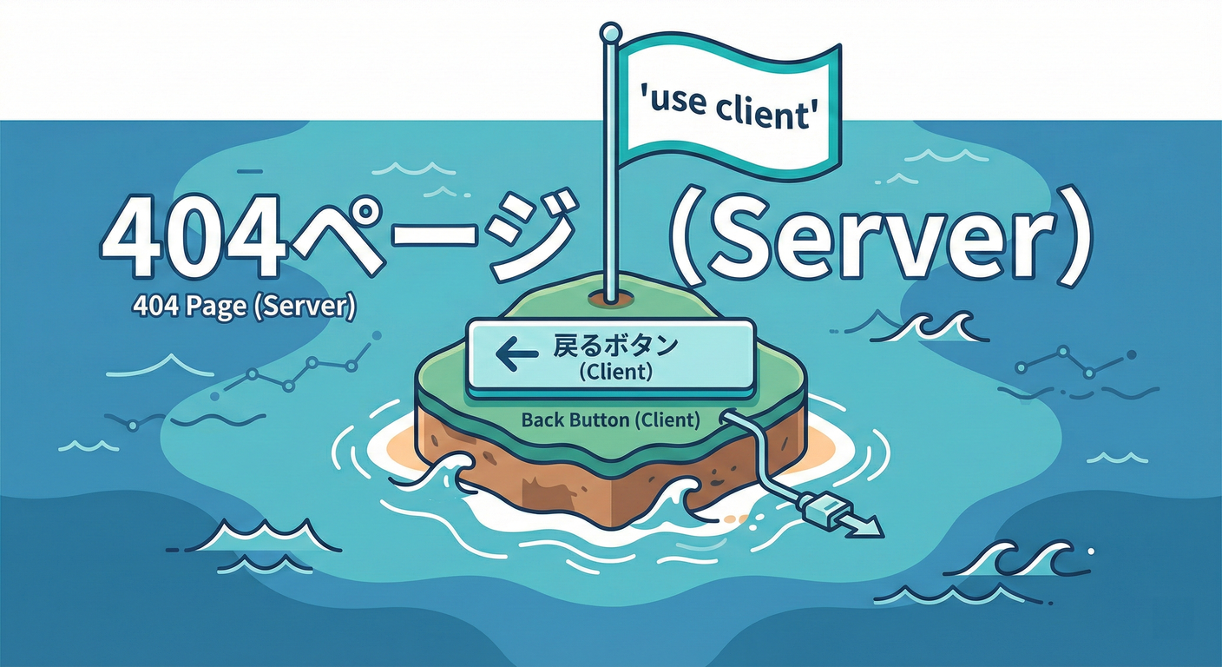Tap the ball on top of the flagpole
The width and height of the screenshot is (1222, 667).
(x=610, y=33)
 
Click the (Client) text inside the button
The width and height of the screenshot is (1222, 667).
(x=614, y=373)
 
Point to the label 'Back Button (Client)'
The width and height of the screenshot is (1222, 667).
(x=610, y=420)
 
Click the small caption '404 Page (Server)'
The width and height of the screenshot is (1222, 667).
(x=245, y=307)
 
